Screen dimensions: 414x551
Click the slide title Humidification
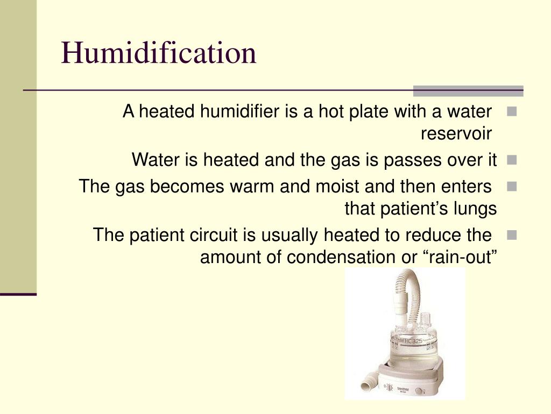[159, 53]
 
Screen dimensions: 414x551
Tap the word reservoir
[456, 134]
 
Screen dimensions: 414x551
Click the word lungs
[474, 209]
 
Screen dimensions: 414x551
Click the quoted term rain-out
[460, 258]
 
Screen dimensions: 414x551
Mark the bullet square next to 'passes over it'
[511, 160]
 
